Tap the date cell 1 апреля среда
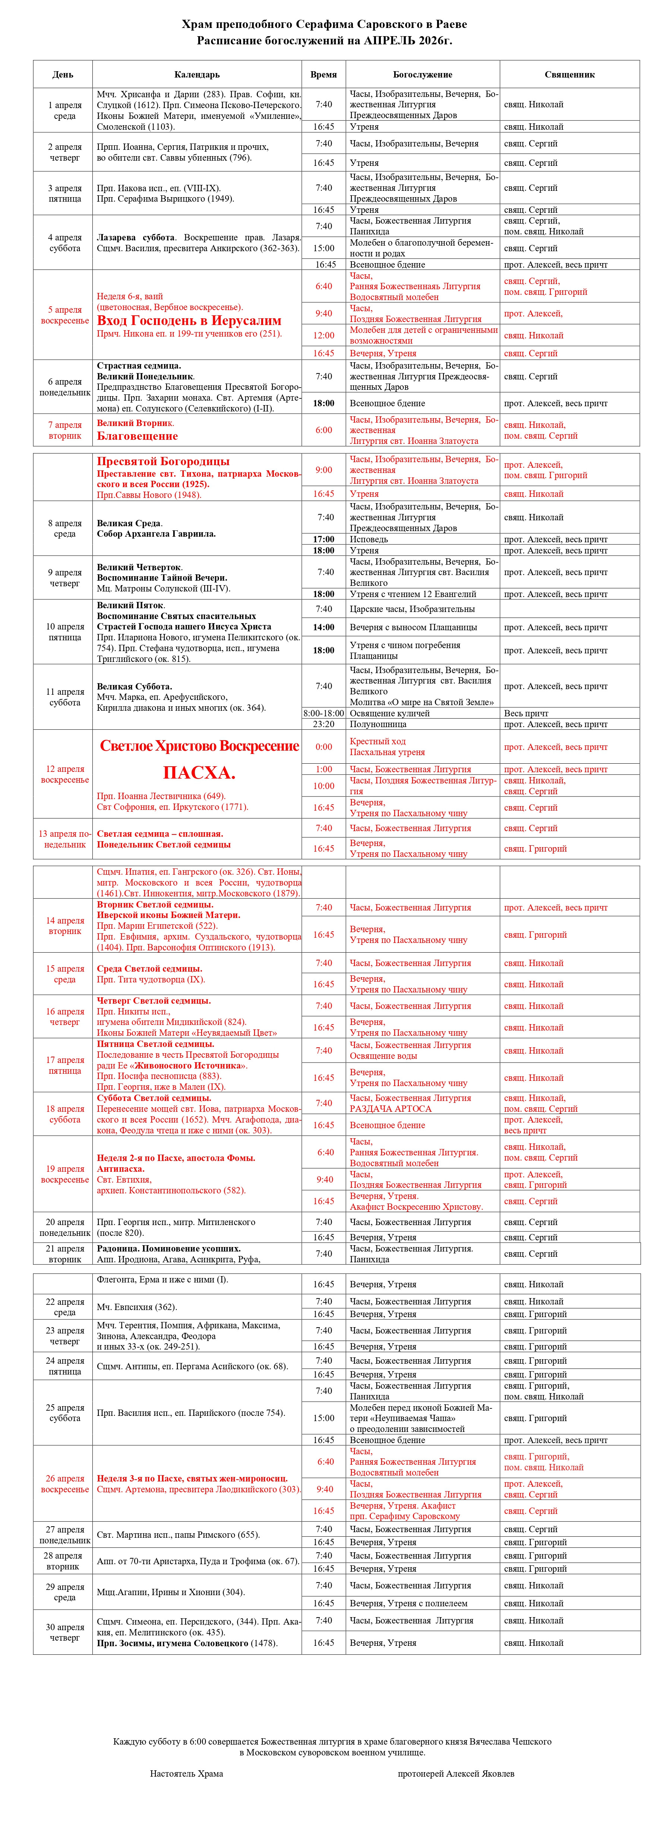tap(64, 110)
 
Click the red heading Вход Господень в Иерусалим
tap(189, 320)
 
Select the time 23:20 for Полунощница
tap(324, 724)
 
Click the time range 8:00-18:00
tap(324, 713)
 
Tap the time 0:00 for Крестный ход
tap(324, 747)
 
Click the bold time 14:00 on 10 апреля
tap(324, 627)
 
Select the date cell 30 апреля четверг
tap(64, 1632)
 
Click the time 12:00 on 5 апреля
tap(324, 335)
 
